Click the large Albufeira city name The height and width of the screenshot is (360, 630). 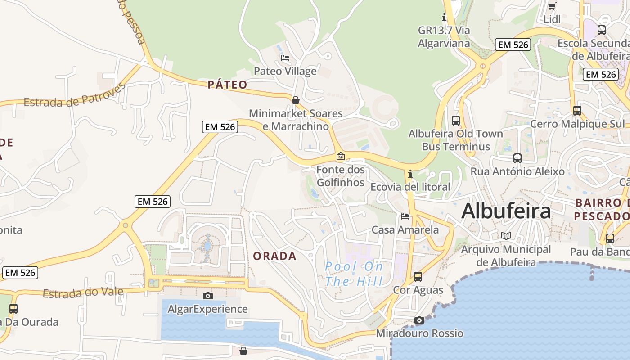(506, 211)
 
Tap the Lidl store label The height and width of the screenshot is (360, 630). (552, 19)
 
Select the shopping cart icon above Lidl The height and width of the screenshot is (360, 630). (552, 6)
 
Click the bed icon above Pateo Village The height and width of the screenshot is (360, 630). (285, 58)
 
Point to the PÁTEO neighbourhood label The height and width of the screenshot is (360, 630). (228, 85)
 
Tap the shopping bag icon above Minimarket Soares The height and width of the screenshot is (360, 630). (296, 100)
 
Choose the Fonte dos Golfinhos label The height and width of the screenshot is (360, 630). (341, 176)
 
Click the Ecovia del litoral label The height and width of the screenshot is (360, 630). (410, 187)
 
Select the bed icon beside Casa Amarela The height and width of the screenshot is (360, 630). (405, 216)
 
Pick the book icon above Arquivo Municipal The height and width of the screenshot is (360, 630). (506, 236)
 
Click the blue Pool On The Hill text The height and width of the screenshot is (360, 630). (354, 274)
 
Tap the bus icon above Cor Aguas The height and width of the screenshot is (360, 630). (418, 277)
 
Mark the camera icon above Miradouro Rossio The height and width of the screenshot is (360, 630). (419, 320)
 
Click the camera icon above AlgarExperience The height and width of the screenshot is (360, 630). (207, 296)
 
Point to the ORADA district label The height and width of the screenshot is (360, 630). (274, 256)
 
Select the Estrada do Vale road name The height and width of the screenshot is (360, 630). (83, 293)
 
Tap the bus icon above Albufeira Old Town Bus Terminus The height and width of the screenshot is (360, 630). (456, 121)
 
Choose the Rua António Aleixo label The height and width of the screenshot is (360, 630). (517, 171)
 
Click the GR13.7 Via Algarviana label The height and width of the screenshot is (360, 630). (444, 37)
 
